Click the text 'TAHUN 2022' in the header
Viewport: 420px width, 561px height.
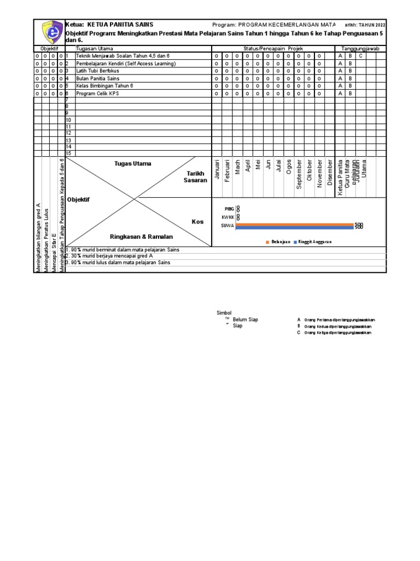(370, 25)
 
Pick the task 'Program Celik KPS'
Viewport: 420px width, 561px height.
(97, 93)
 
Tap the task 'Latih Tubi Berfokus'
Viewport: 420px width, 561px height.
(97, 71)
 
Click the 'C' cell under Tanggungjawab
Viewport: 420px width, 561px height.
(360, 56)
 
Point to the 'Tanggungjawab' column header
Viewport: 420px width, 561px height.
(360, 49)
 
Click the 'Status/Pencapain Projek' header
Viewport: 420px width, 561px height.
(273, 49)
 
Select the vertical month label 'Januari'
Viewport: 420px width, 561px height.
(217, 170)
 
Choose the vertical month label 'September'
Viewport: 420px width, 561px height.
(299, 174)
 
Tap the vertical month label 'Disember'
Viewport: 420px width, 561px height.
(330, 173)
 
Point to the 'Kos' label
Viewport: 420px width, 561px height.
(197, 222)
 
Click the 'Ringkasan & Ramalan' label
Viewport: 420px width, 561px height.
(141, 237)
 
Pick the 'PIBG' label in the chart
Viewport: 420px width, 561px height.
(229, 209)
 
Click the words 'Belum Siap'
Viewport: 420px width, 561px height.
(245, 319)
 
